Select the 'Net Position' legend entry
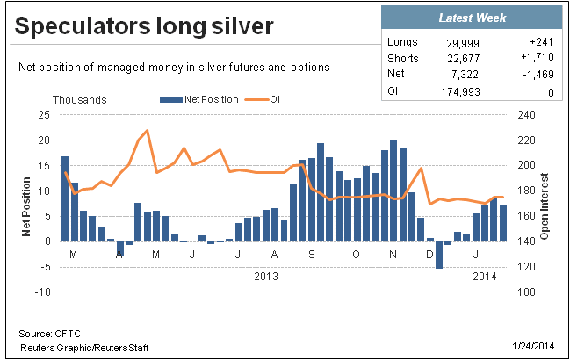pos(206,99)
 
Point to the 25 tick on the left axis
pos(42,115)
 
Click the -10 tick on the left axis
pos(40,292)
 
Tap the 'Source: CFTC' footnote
pos(45,335)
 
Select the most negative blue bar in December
pos(439,255)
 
